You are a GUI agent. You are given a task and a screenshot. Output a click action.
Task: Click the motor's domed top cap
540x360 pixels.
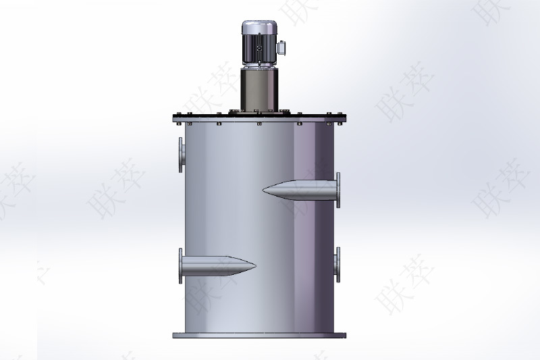point(260,27)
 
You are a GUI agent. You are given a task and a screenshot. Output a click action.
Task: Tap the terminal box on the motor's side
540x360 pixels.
point(282,49)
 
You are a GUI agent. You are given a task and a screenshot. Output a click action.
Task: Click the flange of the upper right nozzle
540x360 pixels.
point(337,190)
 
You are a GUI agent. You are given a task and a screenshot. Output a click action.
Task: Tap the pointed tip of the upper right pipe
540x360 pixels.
point(266,188)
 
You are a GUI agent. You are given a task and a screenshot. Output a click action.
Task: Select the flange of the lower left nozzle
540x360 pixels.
point(181,266)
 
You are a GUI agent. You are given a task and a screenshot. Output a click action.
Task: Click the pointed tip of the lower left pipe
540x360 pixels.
point(253,265)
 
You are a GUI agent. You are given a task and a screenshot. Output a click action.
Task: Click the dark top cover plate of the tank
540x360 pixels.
point(259,117)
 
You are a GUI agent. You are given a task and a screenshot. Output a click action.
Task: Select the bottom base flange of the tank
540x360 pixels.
point(259,334)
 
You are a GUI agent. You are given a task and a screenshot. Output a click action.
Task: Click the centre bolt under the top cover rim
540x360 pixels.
point(259,124)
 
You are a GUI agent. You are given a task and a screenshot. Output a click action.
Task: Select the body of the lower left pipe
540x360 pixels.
point(213,266)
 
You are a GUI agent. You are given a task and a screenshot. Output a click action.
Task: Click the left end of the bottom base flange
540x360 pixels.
point(175,334)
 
